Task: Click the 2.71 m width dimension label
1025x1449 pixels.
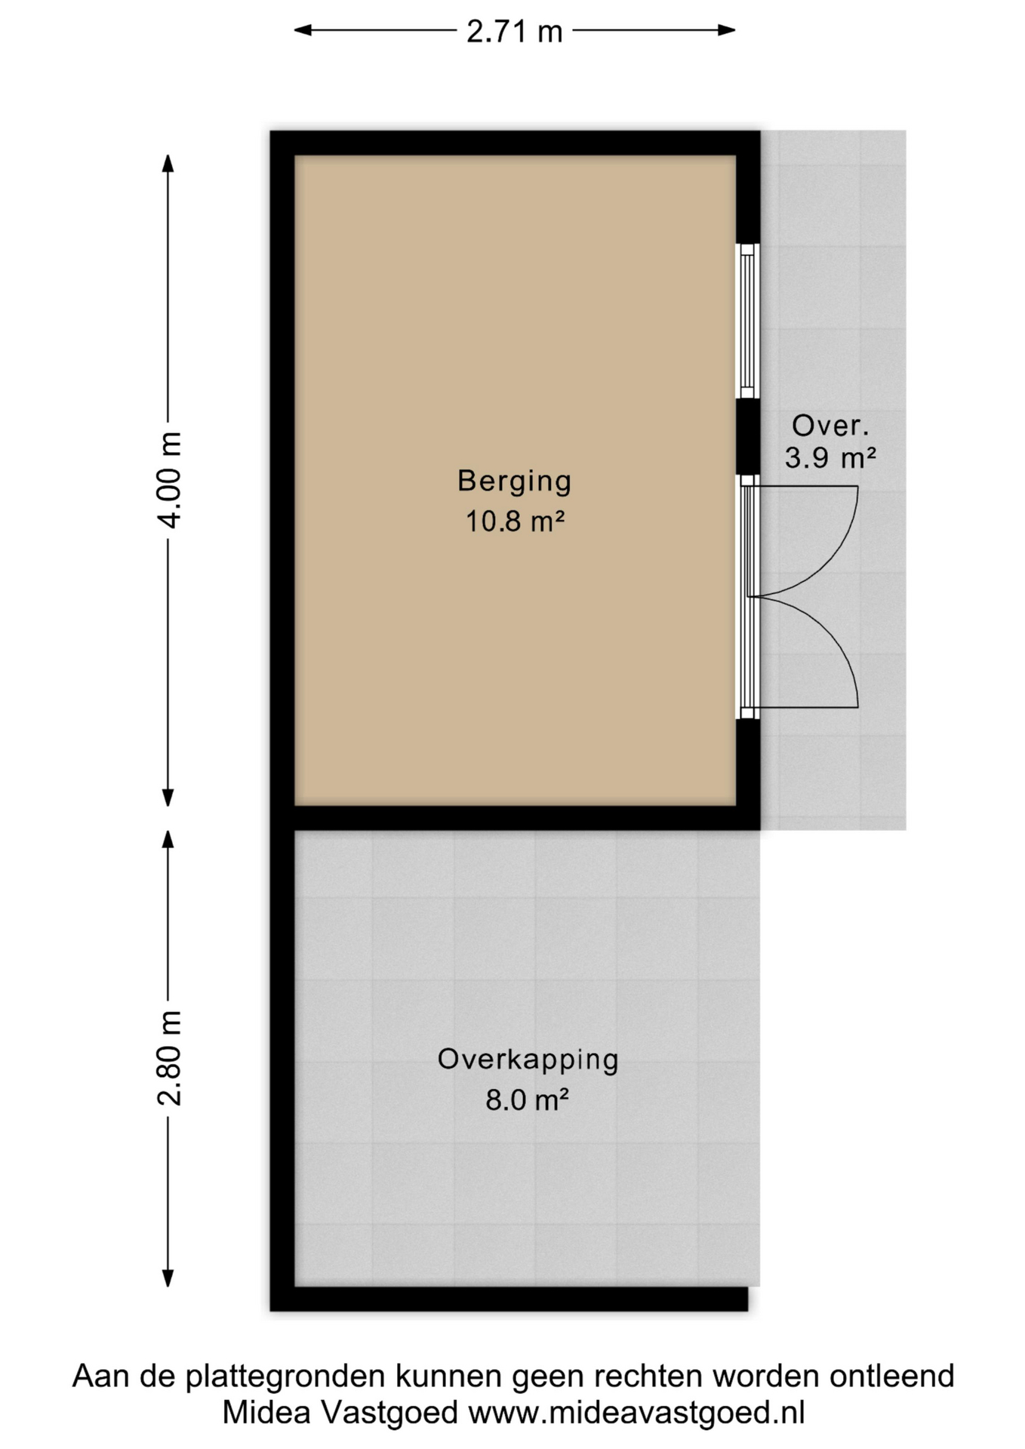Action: pyautogui.click(x=515, y=32)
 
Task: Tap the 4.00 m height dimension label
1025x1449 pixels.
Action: pyautogui.click(x=170, y=480)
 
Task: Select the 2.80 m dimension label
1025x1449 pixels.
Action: pyautogui.click(x=170, y=1057)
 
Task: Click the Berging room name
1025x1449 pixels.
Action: pyautogui.click(x=515, y=481)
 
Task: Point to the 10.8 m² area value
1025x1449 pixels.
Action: pyautogui.click(x=515, y=521)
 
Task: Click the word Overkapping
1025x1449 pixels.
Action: pyautogui.click(x=528, y=1060)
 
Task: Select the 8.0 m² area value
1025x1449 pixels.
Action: pyautogui.click(x=527, y=1100)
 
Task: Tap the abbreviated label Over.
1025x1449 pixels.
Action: pyautogui.click(x=830, y=426)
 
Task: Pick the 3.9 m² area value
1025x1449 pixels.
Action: pyautogui.click(x=830, y=458)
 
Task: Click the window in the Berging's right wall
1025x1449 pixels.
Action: pyautogui.click(x=748, y=321)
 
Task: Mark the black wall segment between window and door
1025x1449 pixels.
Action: pyautogui.click(x=748, y=436)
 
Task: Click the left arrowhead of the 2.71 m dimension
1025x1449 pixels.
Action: pyautogui.click(x=303, y=30)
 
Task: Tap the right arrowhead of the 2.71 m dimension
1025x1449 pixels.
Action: pyautogui.click(x=727, y=30)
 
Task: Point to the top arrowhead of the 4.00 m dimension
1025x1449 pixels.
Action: pyautogui.click(x=168, y=164)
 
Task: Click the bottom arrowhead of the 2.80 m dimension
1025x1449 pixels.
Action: pyautogui.click(x=168, y=1278)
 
